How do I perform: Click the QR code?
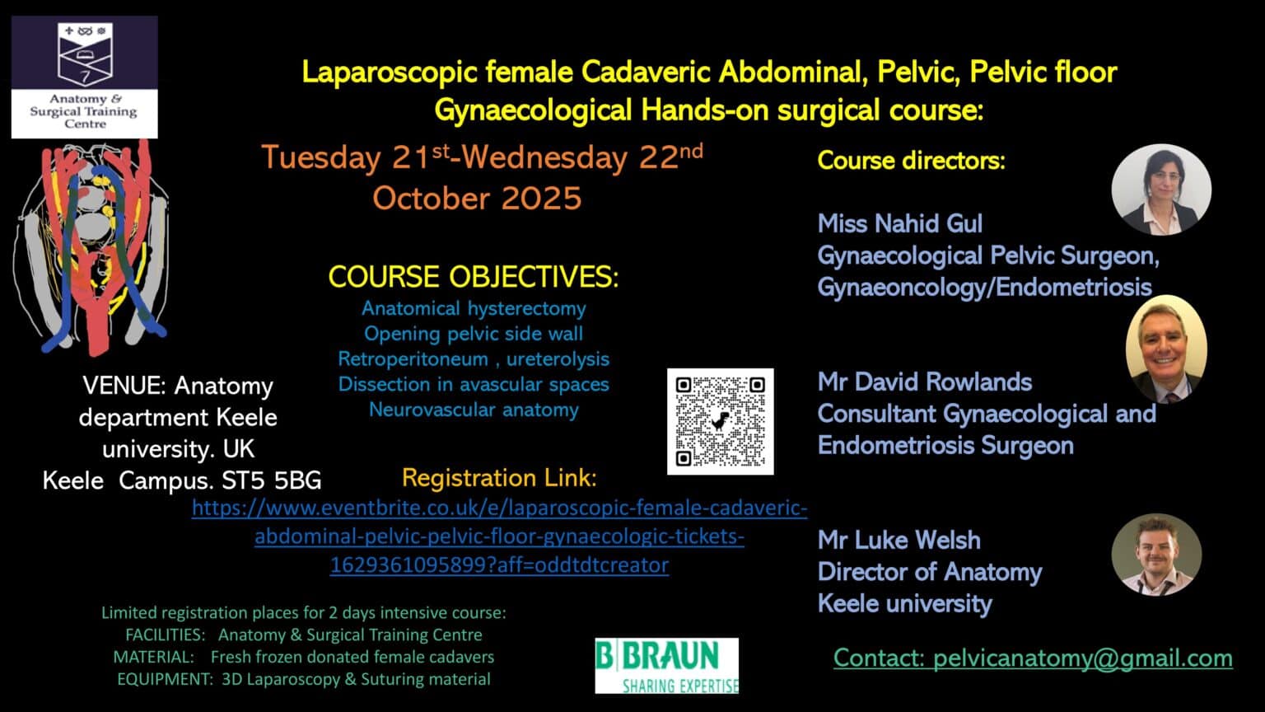click(x=720, y=421)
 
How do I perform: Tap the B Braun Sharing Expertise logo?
click(x=666, y=666)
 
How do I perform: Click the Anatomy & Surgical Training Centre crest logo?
click(x=84, y=77)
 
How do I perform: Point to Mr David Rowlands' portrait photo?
click(x=1166, y=349)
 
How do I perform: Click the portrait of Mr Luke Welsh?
click(x=1156, y=555)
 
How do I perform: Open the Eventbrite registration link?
click(x=499, y=536)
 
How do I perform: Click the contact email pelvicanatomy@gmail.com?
click(x=1033, y=658)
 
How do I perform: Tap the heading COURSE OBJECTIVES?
click(x=473, y=277)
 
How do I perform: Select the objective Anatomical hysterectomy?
click(x=474, y=308)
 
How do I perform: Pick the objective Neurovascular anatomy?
click(x=474, y=410)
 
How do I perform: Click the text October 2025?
click(x=477, y=198)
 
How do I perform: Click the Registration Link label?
click(x=499, y=477)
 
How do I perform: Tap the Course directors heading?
click(x=911, y=160)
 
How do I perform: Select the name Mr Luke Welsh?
click(x=899, y=540)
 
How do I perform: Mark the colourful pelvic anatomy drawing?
click(x=91, y=247)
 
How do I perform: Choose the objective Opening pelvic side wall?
click(x=474, y=334)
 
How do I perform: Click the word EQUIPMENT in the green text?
click(x=165, y=679)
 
